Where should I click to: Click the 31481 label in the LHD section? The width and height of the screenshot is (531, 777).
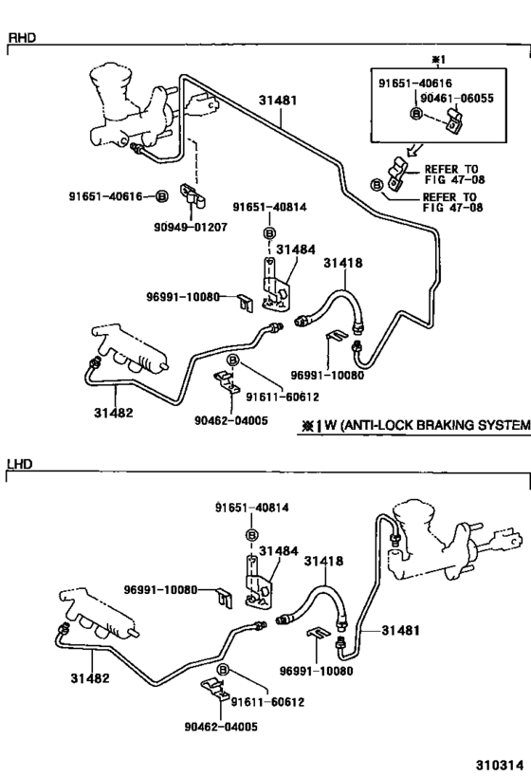click(x=402, y=629)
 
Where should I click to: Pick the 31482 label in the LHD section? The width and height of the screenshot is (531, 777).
click(x=88, y=678)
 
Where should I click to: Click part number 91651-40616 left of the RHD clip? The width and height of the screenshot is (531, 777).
click(x=104, y=196)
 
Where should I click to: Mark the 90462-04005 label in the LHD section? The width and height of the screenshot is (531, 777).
click(x=218, y=726)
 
